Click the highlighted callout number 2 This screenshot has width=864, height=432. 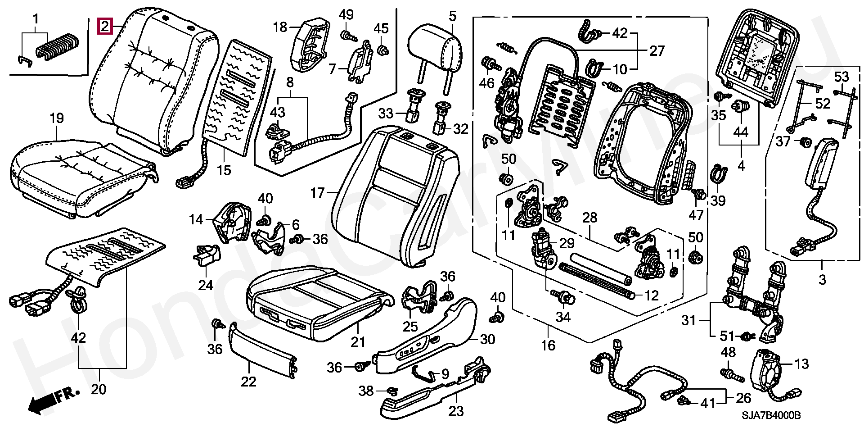pos(104,27)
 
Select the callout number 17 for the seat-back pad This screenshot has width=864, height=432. pos(317,193)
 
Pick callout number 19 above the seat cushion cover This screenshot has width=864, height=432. pos(56,118)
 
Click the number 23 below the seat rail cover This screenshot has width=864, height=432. pos(456,411)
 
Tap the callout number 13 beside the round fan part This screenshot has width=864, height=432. pos(802,364)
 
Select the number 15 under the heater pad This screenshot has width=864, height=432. pos(224,170)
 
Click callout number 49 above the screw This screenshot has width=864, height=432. pos(346,14)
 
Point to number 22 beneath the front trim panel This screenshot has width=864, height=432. pos(248,382)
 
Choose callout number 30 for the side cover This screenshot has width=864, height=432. pos(487,339)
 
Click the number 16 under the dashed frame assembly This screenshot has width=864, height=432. pos(548,346)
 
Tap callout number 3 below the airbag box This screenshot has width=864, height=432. pos(822,279)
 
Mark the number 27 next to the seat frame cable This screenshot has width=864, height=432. pos(657,51)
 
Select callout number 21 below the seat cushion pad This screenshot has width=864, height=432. pos(358,342)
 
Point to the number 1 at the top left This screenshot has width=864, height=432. pos(35,19)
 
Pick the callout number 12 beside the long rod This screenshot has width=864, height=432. pos(652,296)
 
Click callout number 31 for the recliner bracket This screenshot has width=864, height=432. pos(688,320)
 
